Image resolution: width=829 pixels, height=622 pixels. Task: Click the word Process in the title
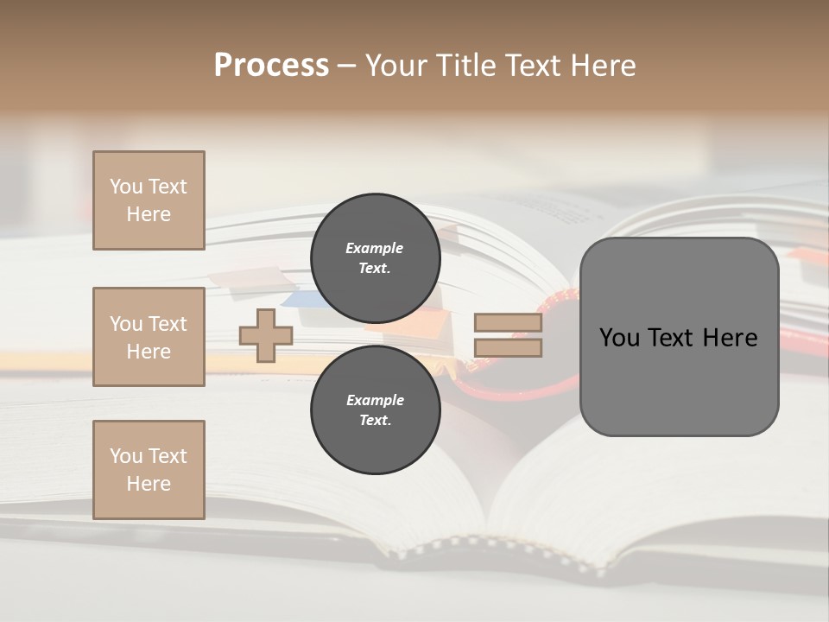click(271, 66)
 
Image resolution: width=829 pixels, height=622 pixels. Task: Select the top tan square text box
click(149, 200)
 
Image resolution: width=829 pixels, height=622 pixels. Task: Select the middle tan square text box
click(149, 337)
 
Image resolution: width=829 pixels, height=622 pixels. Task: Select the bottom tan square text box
click(149, 470)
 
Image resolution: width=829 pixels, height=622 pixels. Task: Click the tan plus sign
click(266, 335)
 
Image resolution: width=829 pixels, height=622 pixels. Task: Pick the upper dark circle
click(375, 257)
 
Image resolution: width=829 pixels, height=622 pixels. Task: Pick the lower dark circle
click(375, 409)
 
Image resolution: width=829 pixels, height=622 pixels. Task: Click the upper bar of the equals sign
click(508, 323)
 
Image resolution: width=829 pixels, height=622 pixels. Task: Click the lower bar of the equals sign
click(508, 348)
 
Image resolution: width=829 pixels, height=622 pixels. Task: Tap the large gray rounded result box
click(679, 380)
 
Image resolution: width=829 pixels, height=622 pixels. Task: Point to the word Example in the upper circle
click(375, 248)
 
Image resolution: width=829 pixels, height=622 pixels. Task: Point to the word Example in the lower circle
click(375, 400)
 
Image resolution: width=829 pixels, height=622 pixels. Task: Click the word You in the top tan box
click(126, 187)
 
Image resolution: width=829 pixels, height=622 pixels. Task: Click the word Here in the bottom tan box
click(149, 484)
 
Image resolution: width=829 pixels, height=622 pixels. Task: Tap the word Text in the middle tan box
click(168, 324)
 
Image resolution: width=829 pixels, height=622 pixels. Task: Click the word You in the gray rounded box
click(619, 338)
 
